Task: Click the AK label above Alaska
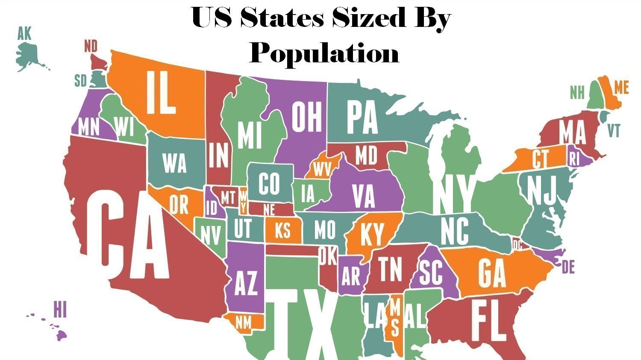[24, 34]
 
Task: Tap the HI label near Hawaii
[60, 309]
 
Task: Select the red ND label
[91, 46]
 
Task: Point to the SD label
[80, 80]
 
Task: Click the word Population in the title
[324, 53]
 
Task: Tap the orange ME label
[621, 88]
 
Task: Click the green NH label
[577, 92]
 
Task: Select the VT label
[614, 131]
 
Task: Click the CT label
[540, 159]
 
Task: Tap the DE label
[568, 268]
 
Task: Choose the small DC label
[518, 245]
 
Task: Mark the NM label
[244, 323]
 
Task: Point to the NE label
[269, 210]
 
